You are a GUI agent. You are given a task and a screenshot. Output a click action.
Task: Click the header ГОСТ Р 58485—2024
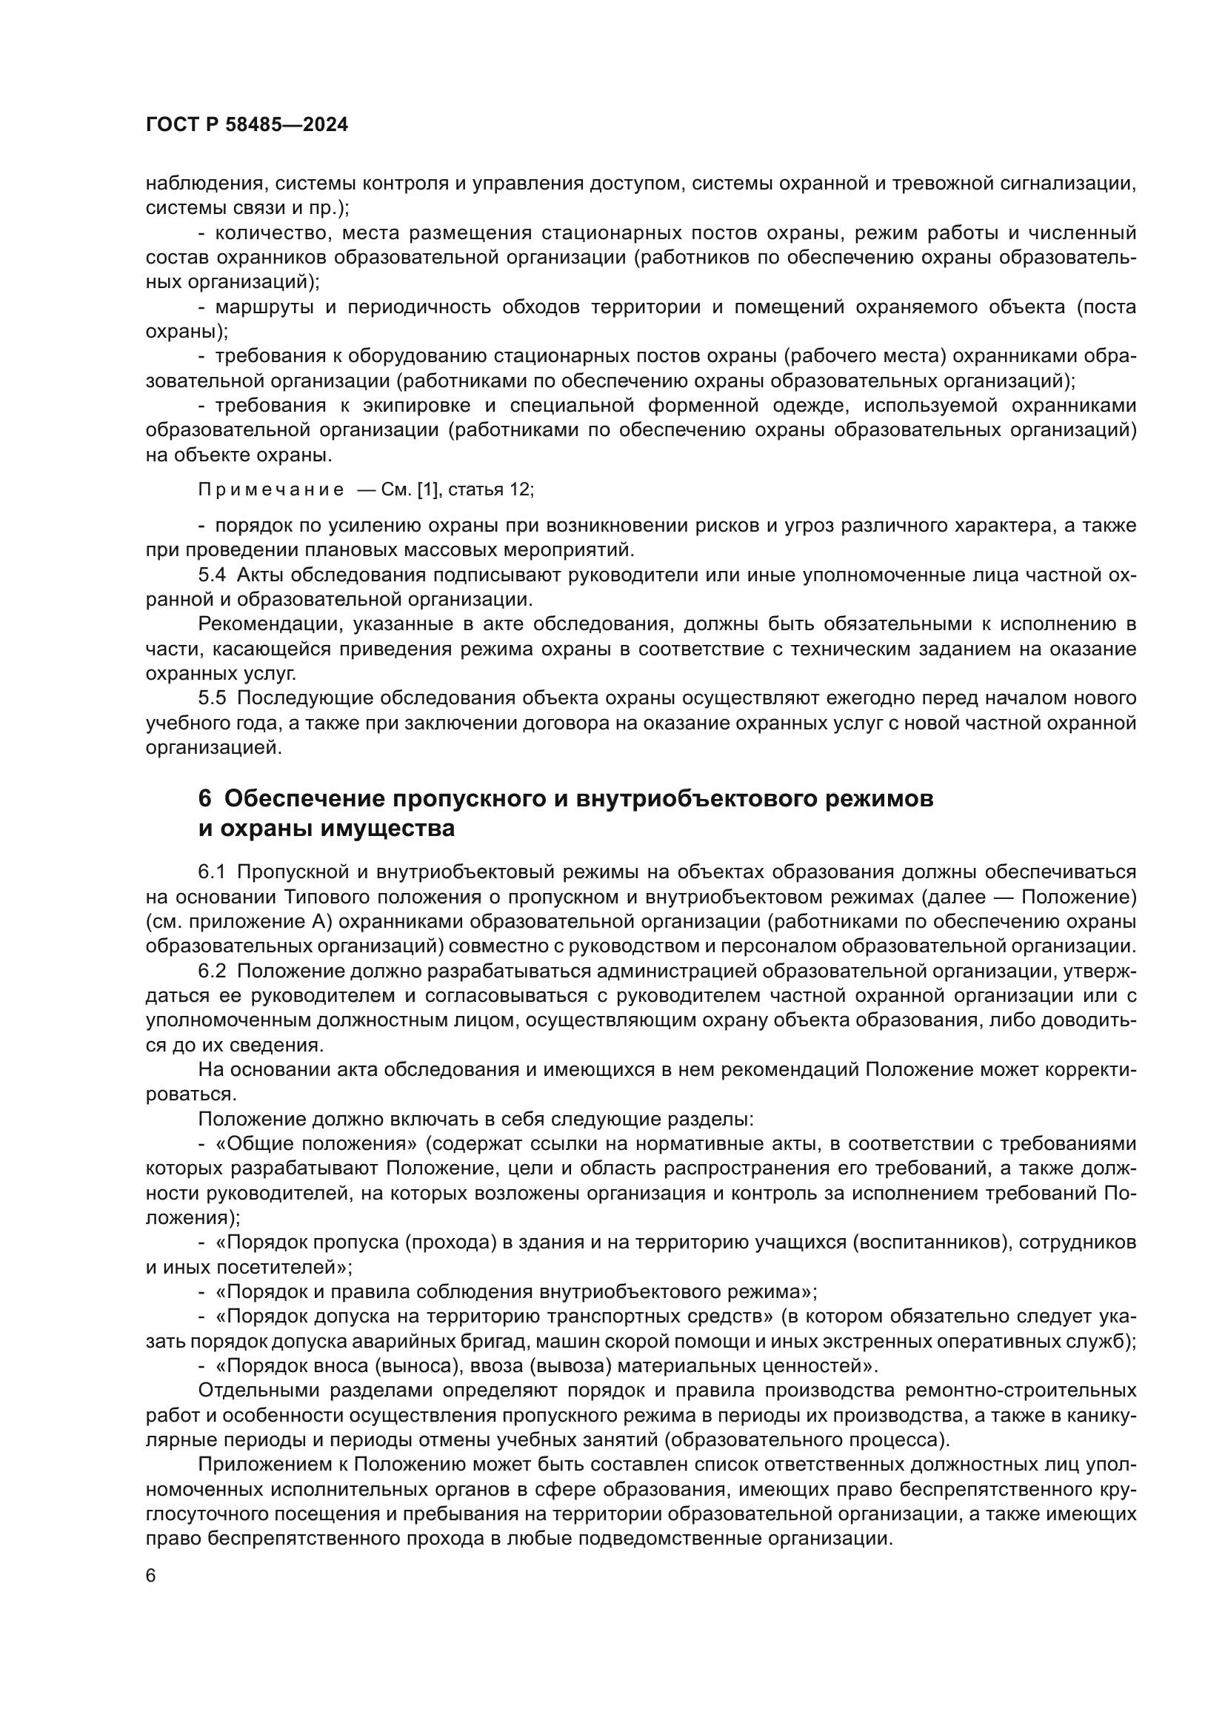pyautogui.click(x=247, y=125)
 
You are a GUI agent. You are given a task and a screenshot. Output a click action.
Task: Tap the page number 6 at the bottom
pyautogui.click(x=151, y=1576)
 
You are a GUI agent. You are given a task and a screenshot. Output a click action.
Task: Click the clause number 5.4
pyautogui.click(x=212, y=575)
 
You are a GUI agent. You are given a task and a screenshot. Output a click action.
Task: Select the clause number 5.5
pyautogui.click(x=212, y=698)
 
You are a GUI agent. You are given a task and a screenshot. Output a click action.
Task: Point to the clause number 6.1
pyautogui.click(x=212, y=872)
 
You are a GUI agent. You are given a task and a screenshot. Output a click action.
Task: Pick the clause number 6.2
pyautogui.click(x=212, y=971)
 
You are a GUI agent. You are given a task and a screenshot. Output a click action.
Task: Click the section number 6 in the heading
pyautogui.click(x=204, y=798)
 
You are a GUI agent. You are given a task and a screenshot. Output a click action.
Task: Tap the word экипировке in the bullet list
pyautogui.click(x=416, y=406)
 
